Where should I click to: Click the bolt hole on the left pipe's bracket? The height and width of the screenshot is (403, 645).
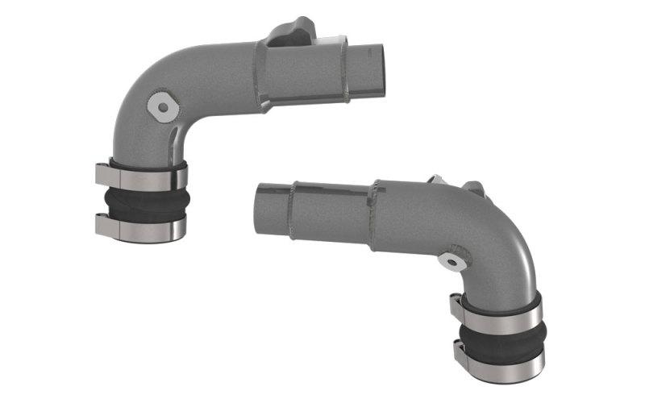(164, 106)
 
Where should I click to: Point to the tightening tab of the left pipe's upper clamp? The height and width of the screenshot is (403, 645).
(103, 172)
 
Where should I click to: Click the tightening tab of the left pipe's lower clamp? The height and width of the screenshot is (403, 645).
(103, 224)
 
